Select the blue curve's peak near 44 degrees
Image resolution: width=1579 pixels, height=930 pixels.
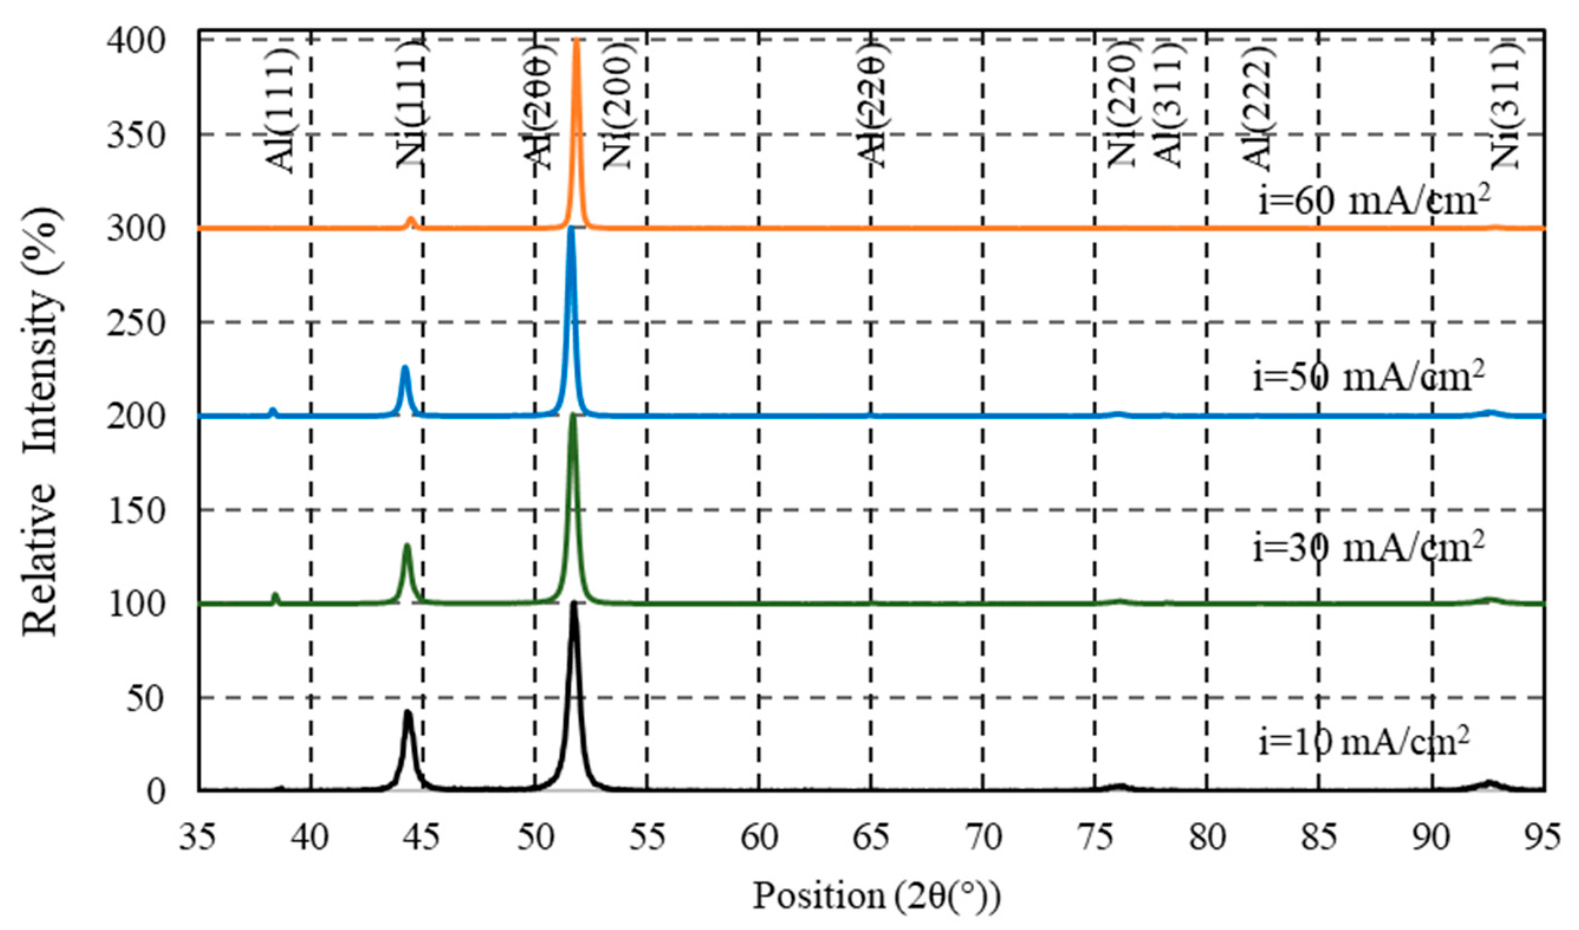click(405, 369)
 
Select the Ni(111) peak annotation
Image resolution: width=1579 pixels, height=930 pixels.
click(411, 103)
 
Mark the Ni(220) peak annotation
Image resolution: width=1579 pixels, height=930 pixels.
click(1121, 103)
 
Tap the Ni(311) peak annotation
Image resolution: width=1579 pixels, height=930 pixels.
click(1505, 103)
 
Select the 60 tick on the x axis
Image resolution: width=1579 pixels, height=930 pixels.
click(759, 837)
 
